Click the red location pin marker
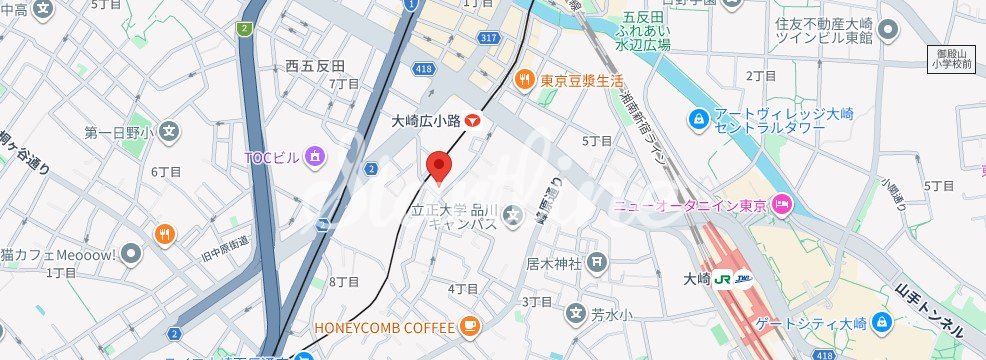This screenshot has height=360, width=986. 438,166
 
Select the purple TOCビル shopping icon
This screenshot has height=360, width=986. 315,156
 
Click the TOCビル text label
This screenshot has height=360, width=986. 272,157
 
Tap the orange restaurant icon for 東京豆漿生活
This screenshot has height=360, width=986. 523,80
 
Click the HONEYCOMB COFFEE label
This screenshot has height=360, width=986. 384,326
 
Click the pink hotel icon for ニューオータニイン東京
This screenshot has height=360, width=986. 784,206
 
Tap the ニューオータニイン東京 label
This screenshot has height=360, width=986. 689,206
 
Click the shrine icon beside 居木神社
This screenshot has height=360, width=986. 597,264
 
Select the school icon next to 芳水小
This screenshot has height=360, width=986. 576,314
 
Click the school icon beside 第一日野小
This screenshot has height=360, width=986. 170,131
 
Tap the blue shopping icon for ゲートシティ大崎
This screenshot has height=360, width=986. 881,322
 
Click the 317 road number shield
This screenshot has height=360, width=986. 488,39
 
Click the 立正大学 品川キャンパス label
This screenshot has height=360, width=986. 455,217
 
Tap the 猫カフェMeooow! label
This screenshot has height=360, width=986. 60,253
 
